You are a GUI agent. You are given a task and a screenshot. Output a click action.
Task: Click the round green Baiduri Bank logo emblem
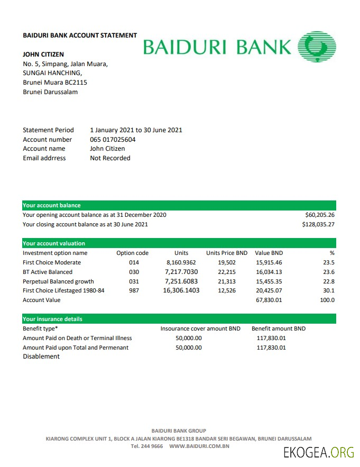317,46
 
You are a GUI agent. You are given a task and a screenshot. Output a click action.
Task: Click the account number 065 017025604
113,140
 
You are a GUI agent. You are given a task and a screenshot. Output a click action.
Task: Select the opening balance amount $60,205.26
320,215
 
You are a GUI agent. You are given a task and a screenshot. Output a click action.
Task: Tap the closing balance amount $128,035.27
318,224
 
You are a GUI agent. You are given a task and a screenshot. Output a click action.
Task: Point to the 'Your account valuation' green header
54,243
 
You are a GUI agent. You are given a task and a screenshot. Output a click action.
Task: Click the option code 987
134,291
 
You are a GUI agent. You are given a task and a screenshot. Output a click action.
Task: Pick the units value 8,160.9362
181,262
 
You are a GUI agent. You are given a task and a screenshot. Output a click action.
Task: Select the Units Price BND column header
226,253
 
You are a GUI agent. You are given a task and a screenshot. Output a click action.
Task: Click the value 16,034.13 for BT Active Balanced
269,272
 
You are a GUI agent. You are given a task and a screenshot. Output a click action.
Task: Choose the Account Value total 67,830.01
269,300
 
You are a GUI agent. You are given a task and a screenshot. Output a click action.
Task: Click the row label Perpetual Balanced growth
58,281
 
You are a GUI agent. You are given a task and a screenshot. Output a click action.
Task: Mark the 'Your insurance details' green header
52,319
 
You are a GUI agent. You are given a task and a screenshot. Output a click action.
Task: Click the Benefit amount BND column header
278,328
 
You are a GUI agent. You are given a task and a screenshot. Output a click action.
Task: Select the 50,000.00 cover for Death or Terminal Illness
188,338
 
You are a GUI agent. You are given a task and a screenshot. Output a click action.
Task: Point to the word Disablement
41,356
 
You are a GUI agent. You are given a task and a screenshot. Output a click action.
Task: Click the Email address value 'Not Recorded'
110,158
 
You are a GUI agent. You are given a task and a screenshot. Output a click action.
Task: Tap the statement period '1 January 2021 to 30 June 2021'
136,130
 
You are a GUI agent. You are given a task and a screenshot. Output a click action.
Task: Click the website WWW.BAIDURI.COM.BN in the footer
199,446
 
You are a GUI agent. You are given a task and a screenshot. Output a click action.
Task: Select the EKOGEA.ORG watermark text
318,453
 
